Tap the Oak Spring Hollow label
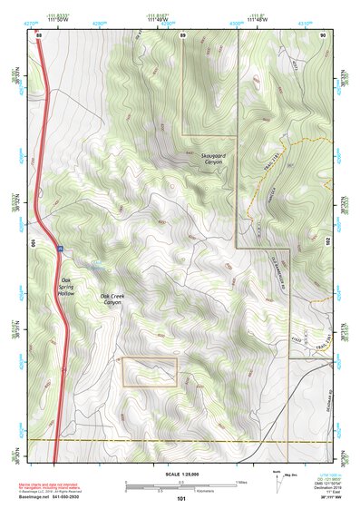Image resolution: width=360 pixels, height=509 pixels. pos(65,289)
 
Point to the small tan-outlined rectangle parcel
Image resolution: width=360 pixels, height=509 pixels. pos(150,372)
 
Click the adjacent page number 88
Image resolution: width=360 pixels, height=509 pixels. pos(39,34)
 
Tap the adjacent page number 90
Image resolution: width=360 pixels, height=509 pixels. pos(323,34)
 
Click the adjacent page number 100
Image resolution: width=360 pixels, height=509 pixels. pos(32,244)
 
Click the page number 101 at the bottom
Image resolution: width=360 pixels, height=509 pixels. pos(181,498)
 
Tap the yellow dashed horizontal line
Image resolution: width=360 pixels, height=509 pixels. pos(181,440)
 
